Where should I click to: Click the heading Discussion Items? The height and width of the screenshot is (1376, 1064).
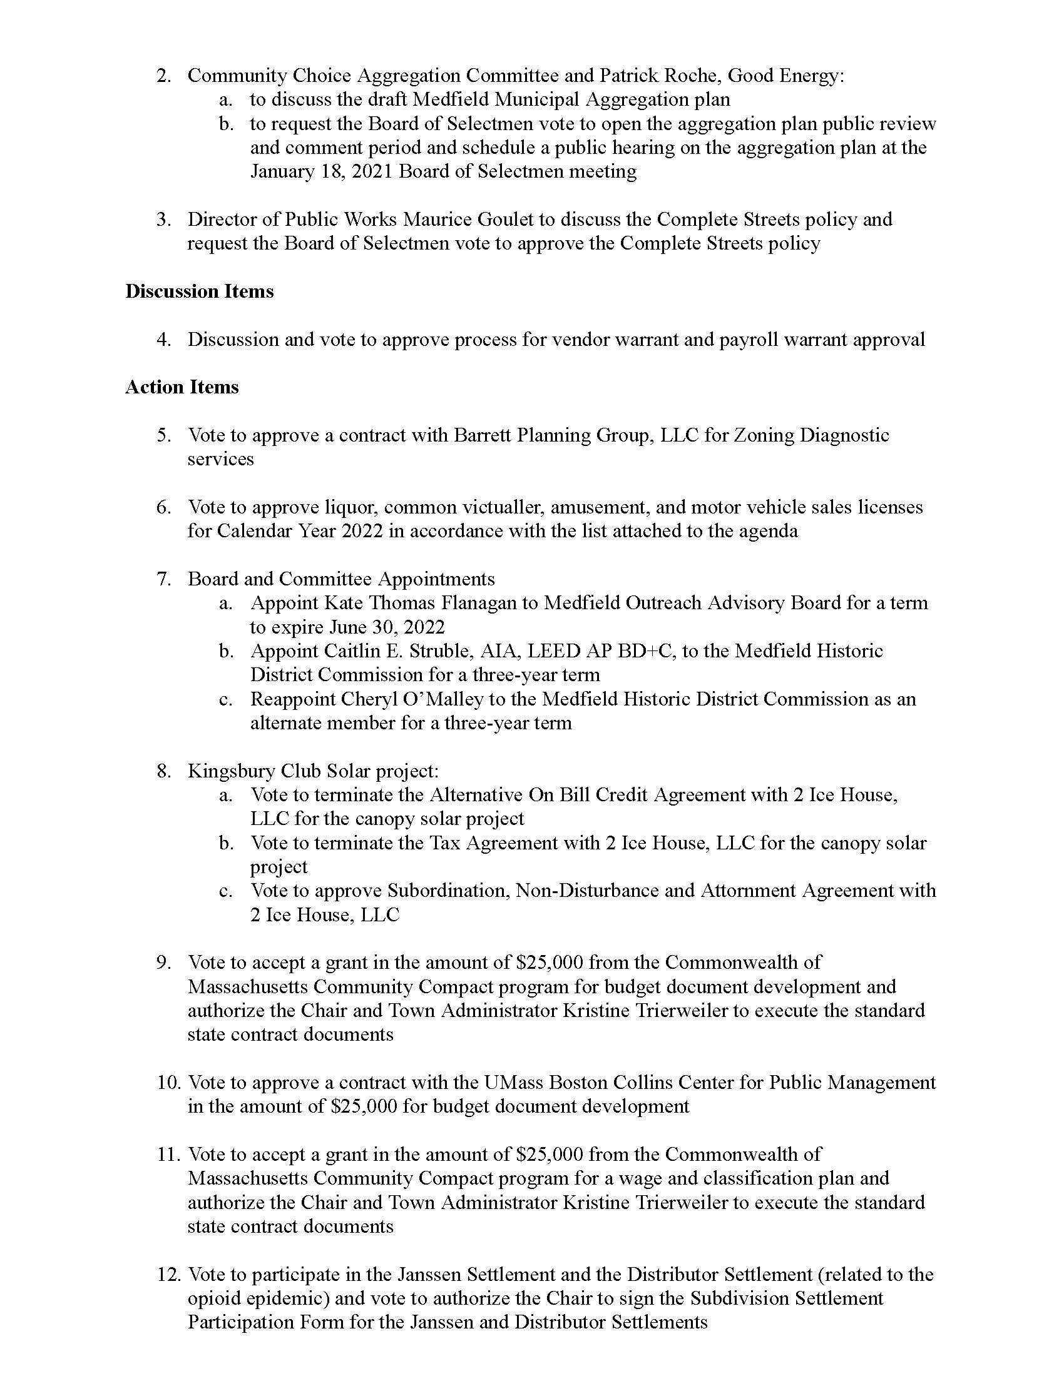199,291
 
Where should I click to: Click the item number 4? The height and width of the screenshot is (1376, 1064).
164,340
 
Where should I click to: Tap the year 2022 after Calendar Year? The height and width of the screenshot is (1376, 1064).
362,531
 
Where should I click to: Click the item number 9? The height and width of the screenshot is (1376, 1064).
164,963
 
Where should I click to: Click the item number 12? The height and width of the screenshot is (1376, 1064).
170,1275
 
